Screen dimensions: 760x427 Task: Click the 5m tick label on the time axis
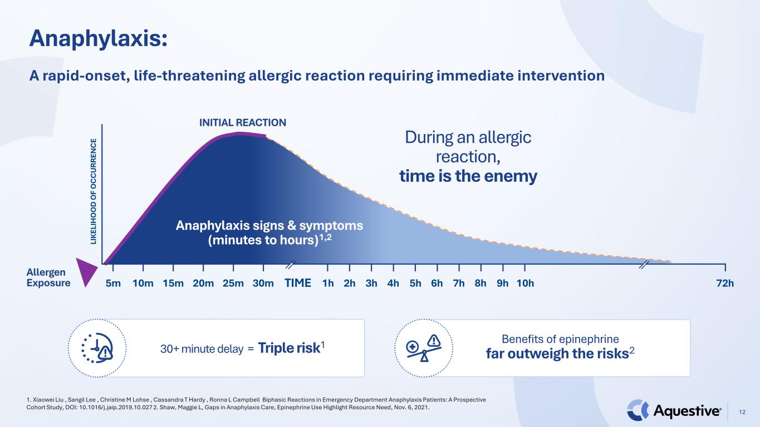tap(113, 283)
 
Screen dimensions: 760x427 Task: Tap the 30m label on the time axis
tap(263, 283)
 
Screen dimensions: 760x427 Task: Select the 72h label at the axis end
tap(725, 283)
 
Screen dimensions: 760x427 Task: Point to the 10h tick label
tap(525, 283)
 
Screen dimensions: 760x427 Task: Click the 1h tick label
tap(328, 283)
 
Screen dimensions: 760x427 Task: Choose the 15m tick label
tap(173, 283)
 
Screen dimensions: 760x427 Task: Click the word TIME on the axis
tap(298, 282)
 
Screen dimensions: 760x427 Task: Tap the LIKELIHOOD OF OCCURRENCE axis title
tap(94, 191)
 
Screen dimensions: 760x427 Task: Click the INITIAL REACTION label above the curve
tap(243, 122)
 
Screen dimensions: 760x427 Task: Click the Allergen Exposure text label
tap(48, 277)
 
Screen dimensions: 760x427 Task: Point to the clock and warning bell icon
tap(97, 348)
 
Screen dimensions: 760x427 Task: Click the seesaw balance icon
tap(424, 348)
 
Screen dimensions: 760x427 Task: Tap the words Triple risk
tap(289, 348)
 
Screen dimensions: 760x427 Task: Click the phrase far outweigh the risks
tap(557, 354)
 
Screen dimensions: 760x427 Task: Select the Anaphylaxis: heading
tap(99, 38)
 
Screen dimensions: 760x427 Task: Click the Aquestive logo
tap(674, 410)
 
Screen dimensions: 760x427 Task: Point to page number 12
tap(742, 412)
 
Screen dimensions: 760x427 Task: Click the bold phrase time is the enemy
tap(468, 176)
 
